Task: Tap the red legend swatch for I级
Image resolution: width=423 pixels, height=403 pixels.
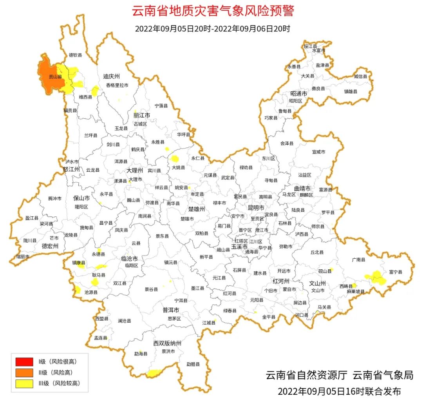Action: coord(24,361)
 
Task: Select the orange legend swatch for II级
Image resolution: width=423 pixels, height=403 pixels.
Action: coord(24,372)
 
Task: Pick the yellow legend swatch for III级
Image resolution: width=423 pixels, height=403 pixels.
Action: coord(24,383)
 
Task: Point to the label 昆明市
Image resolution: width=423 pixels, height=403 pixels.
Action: coord(256,207)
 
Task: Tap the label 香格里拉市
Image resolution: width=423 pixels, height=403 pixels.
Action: coord(117,85)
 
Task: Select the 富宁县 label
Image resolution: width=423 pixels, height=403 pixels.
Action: coord(396,271)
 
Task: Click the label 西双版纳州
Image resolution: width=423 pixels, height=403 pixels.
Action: coord(167,343)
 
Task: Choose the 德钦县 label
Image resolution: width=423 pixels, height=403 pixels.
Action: coord(76,55)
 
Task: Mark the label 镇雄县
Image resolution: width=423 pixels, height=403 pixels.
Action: coord(351,91)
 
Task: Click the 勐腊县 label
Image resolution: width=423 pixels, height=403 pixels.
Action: coord(193,364)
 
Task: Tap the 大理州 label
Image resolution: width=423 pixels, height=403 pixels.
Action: coord(135,171)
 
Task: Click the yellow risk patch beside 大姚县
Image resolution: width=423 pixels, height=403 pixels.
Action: coord(175,159)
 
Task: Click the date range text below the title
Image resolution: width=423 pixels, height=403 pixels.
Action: coord(212,29)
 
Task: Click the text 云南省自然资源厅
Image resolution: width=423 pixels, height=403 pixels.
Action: coord(307,375)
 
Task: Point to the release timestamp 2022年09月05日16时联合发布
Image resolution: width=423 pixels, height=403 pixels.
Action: coord(339,391)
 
